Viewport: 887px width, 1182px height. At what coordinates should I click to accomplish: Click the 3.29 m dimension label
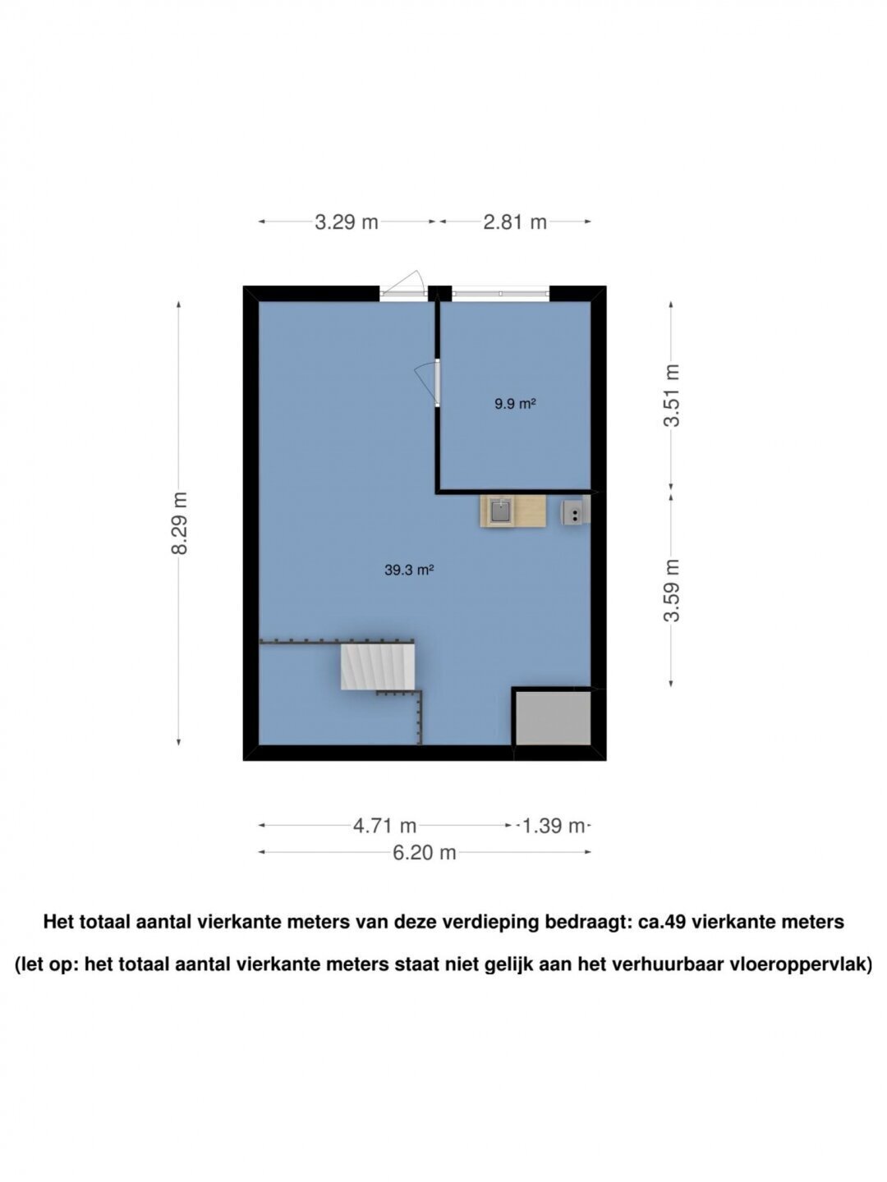347,222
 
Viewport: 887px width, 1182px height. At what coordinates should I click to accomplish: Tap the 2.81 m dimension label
515,222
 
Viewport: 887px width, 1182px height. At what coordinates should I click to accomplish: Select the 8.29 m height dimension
179,522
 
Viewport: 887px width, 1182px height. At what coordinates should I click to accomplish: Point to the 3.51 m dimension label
671,396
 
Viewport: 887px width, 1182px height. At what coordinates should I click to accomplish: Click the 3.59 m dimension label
671,590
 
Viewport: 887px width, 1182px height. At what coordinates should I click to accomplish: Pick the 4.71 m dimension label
384,826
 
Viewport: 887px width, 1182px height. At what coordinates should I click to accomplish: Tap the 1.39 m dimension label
553,826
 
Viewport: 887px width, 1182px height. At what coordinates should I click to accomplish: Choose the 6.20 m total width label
425,853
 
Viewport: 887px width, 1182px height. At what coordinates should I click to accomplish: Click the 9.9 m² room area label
515,404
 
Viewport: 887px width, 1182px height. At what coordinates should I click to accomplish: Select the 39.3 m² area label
409,570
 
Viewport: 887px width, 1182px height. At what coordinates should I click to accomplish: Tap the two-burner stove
576,511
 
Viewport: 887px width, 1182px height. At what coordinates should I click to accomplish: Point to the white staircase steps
378,667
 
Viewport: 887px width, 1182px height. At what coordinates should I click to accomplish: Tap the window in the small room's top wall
500,294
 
